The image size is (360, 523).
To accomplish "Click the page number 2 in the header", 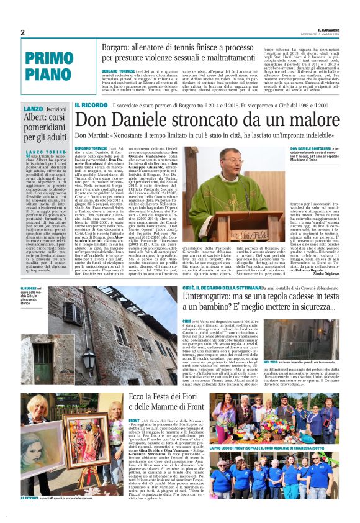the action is click(x=23, y=32).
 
